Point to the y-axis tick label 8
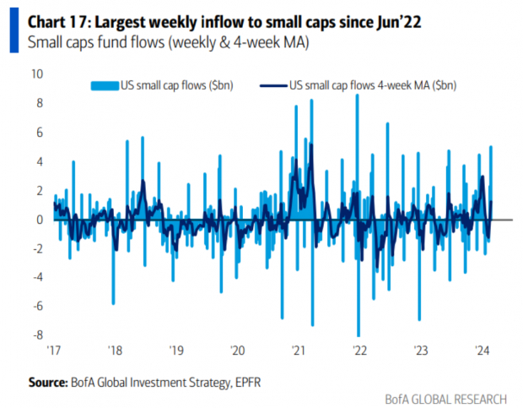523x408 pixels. pos(38,103)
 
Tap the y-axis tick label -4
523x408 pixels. pos(36,277)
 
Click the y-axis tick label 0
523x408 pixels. pos(39,220)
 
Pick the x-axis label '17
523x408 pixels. pos(55,350)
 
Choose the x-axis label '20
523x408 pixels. pos(237,350)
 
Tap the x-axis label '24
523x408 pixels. pos(483,350)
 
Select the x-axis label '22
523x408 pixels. pos(359,350)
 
